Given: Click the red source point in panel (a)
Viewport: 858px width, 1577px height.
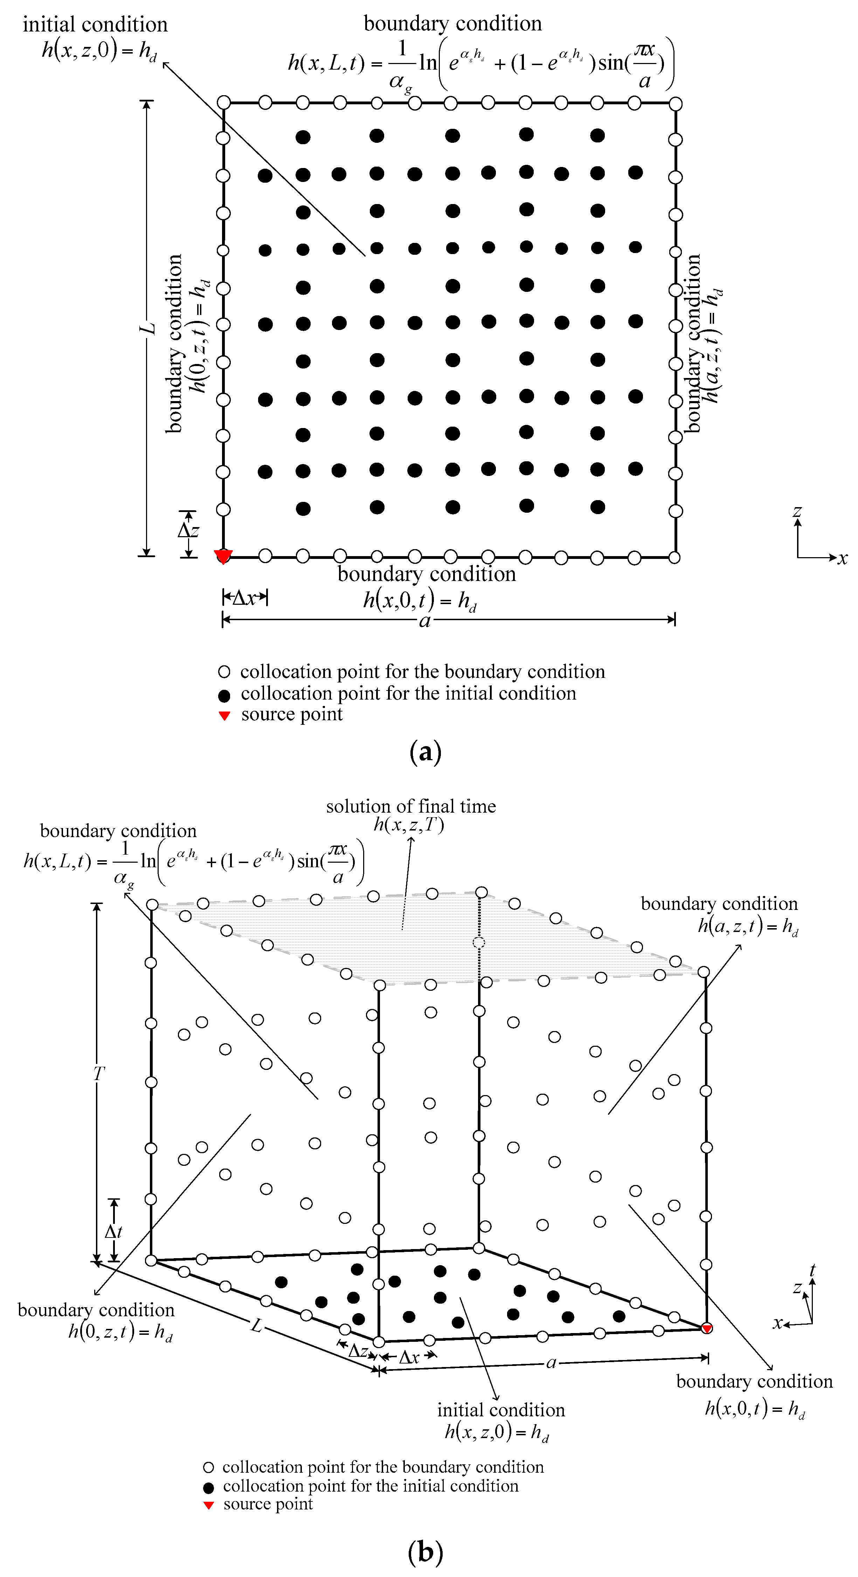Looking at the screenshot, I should pyautogui.click(x=223, y=556).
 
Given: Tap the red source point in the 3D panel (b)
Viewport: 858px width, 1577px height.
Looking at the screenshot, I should pyautogui.click(x=706, y=1329).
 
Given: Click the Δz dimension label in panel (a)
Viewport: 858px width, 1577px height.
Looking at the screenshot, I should pyautogui.click(x=188, y=530).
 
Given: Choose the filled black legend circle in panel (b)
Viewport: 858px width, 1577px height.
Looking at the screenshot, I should pyautogui.click(x=208, y=1487).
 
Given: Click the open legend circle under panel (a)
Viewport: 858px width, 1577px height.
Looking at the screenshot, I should pyautogui.click(x=224, y=672).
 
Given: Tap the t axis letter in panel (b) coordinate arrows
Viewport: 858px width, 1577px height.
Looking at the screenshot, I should pyautogui.click(x=813, y=1271).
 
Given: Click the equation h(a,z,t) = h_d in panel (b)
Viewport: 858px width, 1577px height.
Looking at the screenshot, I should pyautogui.click(x=748, y=927).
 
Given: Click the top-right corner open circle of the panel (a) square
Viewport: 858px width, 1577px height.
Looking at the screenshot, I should pyautogui.click(x=675, y=104).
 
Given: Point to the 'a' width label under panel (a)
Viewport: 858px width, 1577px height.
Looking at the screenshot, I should pyautogui.click(x=424, y=621).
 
